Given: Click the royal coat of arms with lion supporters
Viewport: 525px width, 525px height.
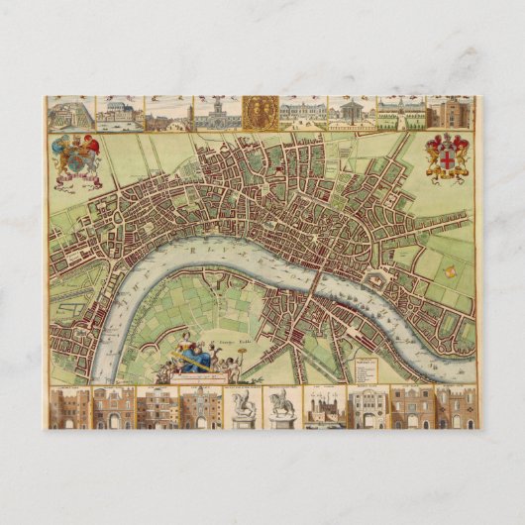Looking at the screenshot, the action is (76, 158).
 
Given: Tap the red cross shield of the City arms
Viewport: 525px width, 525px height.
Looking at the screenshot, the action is (447, 157).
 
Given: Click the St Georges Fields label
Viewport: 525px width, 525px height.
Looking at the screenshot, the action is (244, 347).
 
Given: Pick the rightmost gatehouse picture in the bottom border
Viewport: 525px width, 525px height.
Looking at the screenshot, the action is (457, 407).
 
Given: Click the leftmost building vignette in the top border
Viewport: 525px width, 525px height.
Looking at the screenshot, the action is (69, 112).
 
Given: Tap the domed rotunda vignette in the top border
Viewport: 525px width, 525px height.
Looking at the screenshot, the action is (350, 112).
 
